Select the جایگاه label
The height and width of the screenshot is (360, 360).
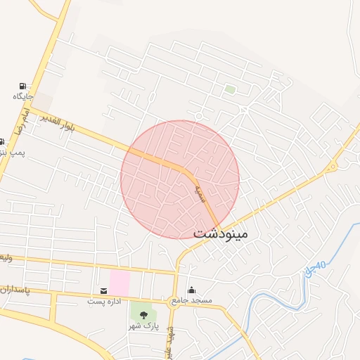[22, 96]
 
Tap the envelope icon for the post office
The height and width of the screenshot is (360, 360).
[103, 290]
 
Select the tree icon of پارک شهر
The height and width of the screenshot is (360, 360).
[144, 315]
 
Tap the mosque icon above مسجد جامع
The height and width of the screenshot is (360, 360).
[191, 290]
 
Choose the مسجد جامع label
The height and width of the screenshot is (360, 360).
[191, 301]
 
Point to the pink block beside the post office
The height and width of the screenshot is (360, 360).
[120, 283]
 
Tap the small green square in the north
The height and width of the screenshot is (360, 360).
[229, 89]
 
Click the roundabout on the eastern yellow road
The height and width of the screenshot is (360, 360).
[330, 166]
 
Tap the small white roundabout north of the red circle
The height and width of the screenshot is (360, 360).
[199, 115]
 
